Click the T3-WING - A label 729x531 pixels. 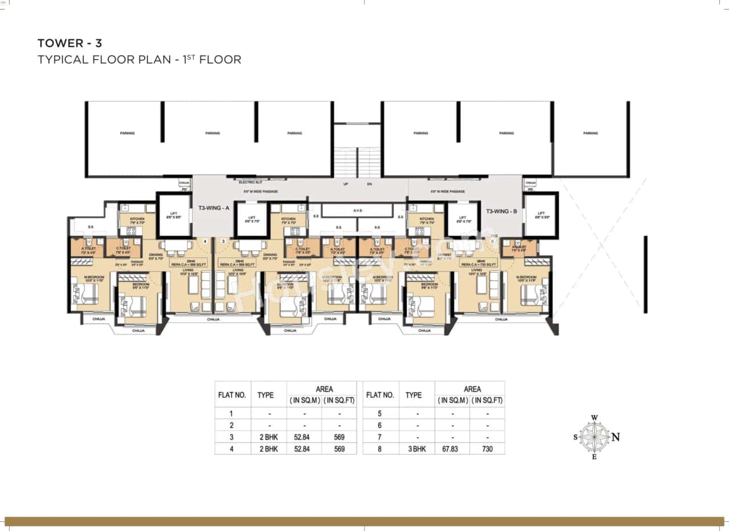pos(213,208)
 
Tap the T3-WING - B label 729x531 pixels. pos(501,211)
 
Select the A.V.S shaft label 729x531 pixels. pos(357,210)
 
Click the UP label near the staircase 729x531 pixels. pos(345,184)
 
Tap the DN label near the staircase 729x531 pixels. pos(369,184)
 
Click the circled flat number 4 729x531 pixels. pos(205,241)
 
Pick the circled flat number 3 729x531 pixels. pos(223,241)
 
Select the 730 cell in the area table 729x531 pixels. pos(487,449)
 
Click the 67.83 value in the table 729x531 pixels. pos(452,449)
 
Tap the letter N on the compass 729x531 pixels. pos(616,437)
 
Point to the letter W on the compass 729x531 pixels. pos(594,418)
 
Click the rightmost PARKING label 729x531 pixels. pos(591,133)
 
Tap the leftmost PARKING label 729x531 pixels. pos(127,133)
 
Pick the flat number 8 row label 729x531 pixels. pos(380,449)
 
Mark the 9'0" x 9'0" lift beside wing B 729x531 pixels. pos(540,215)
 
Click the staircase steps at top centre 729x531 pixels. pos(357,162)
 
